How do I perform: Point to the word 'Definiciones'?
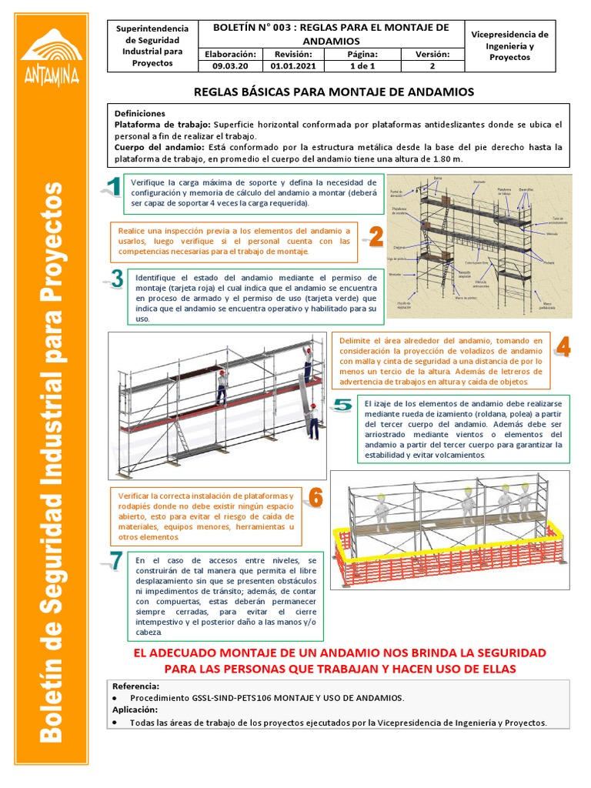click(139, 112)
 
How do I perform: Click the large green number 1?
click(112, 187)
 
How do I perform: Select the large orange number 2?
click(374, 236)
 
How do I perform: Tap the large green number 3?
click(116, 279)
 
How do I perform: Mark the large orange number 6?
click(316, 498)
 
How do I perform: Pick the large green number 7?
click(115, 561)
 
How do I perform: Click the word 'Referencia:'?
click(136, 686)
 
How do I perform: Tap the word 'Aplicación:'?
click(135, 710)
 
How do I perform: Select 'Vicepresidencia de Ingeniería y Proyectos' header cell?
click(509, 46)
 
